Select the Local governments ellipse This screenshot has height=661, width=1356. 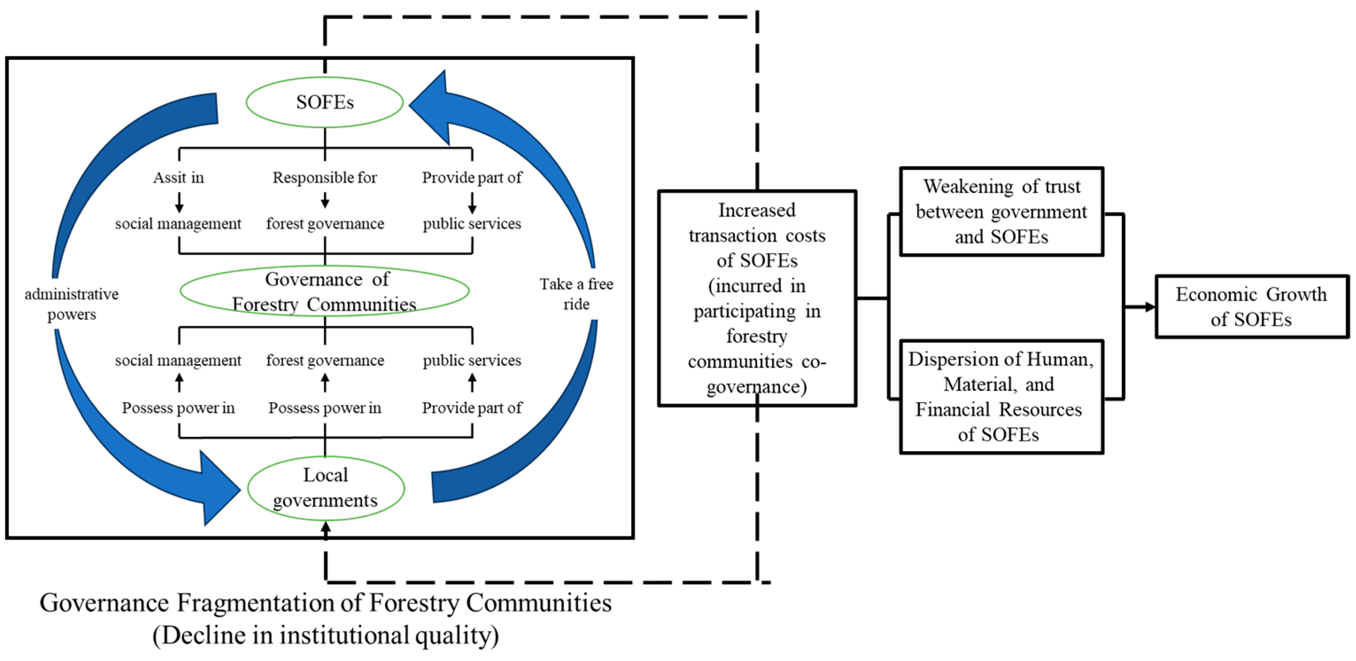point(325,488)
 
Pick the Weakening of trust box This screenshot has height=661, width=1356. point(1001,212)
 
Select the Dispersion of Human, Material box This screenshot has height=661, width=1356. point(1001,397)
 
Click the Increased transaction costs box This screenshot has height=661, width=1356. point(757,298)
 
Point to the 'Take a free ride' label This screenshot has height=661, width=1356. point(576,294)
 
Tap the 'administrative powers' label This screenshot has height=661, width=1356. point(72,304)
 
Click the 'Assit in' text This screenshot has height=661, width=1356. point(178,178)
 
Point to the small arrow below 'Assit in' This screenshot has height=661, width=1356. point(179,202)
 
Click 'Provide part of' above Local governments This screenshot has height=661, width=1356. point(471,408)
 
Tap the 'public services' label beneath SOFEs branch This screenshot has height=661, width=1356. point(471,224)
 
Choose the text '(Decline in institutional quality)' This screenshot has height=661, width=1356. point(325,635)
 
